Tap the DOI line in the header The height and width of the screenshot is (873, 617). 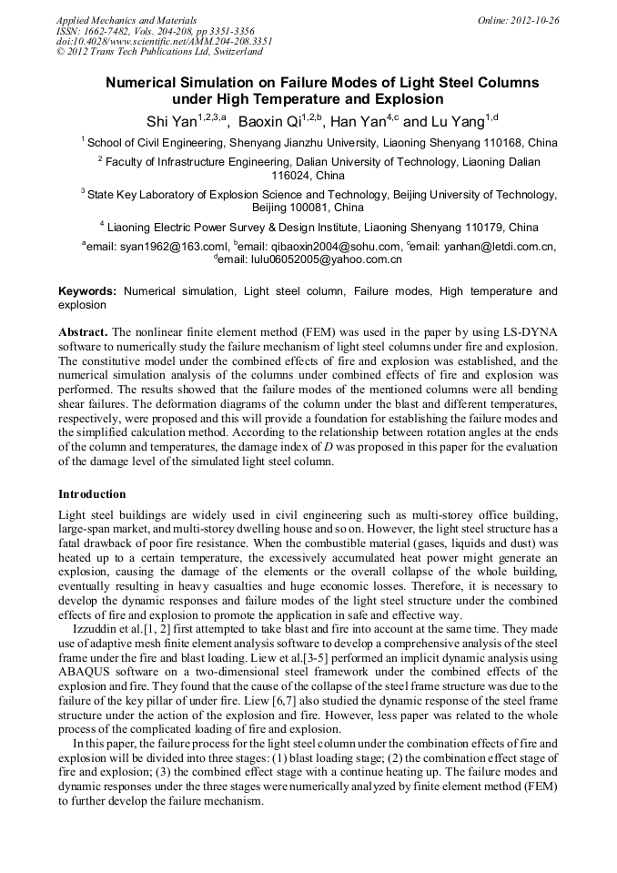click(x=164, y=41)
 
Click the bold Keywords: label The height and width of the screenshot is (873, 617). click(x=87, y=291)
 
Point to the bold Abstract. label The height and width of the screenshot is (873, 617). click(x=84, y=332)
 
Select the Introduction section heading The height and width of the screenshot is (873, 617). click(x=92, y=494)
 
